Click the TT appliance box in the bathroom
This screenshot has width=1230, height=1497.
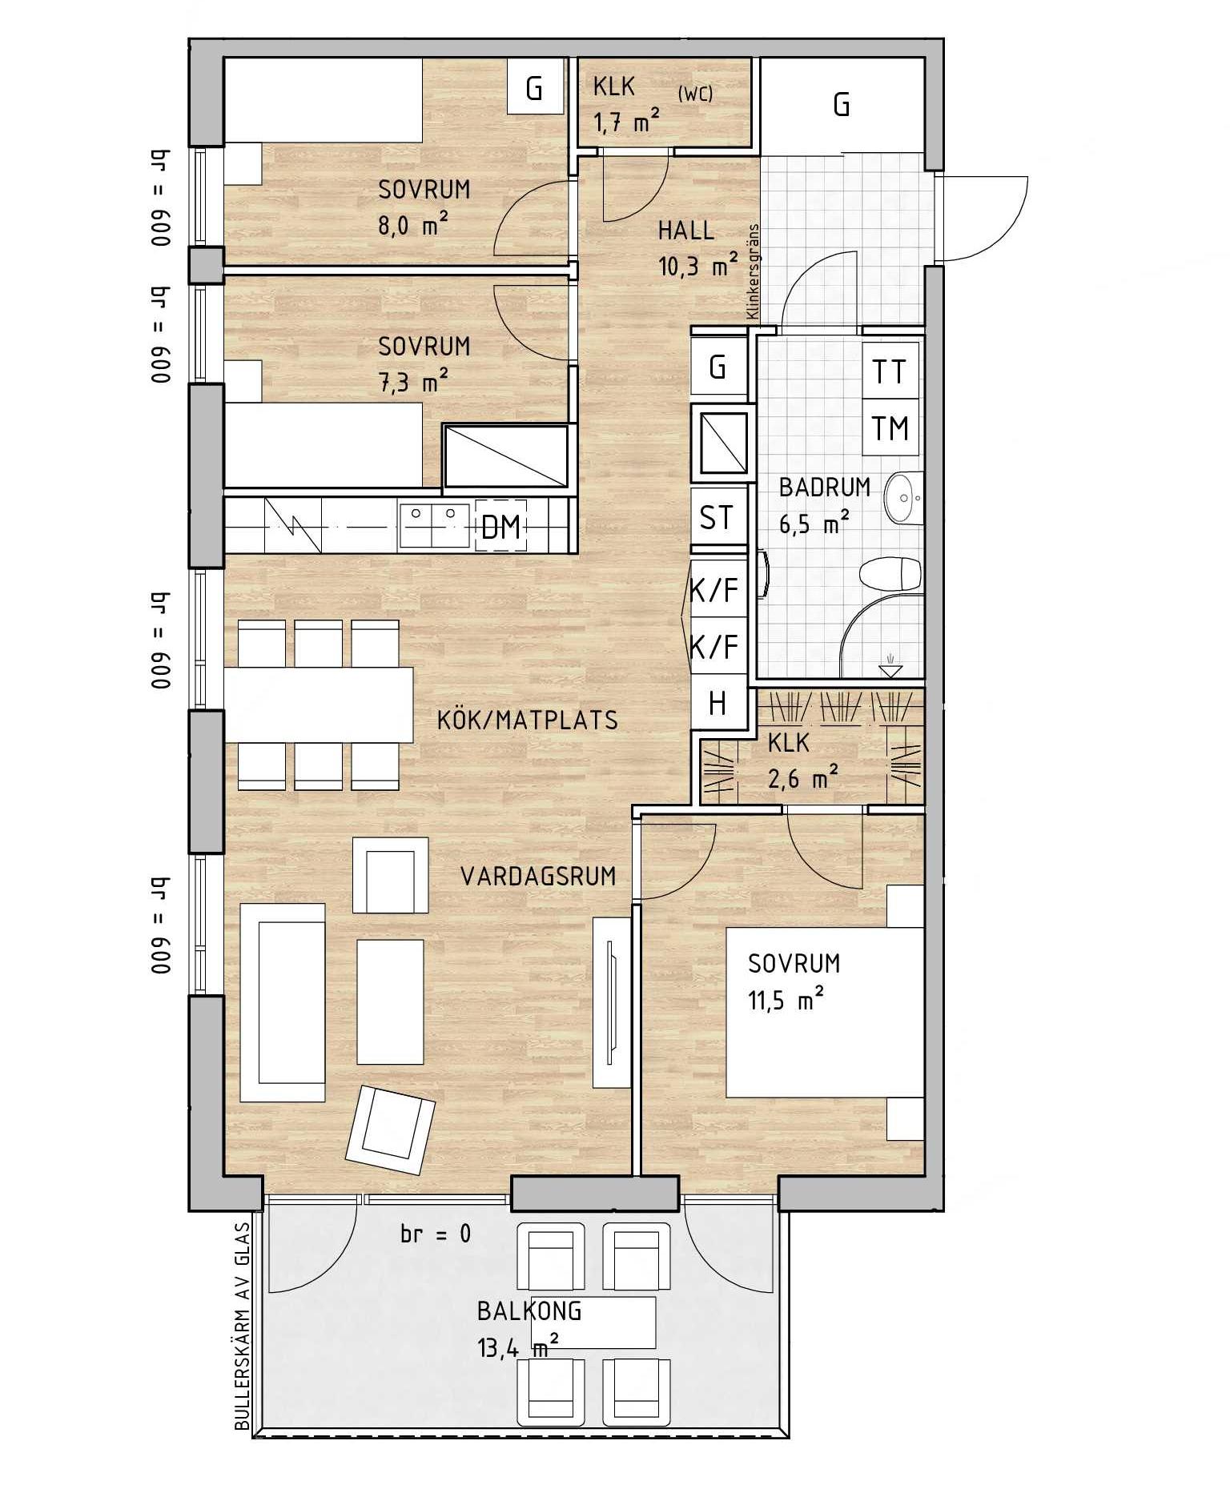click(x=890, y=372)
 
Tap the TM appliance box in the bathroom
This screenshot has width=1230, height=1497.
click(x=890, y=427)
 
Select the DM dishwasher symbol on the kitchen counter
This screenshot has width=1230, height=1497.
click(x=501, y=526)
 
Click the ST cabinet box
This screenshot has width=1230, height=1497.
click(x=718, y=516)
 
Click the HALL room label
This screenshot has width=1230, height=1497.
click(x=686, y=231)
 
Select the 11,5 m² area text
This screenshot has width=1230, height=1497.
click(x=786, y=1000)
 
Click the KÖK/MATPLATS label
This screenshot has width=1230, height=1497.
click(x=528, y=720)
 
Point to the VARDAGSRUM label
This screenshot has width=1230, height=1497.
click(x=538, y=876)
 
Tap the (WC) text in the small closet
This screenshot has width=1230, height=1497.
click(x=695, y=94)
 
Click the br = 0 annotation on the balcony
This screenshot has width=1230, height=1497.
click(x=436, y=1234)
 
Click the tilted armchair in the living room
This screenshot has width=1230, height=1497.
click(x=390, y=1130)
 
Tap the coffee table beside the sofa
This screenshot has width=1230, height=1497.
click(x=390, y=1001)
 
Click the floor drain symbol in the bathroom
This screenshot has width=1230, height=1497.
click(x=890, y=664)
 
